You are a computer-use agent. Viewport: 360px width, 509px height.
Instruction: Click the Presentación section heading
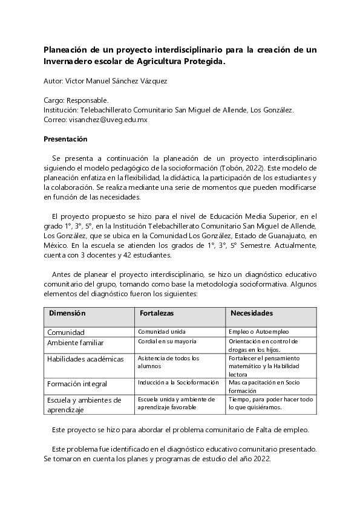(66, 139)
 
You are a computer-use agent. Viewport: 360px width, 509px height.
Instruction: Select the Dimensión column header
(67, 313)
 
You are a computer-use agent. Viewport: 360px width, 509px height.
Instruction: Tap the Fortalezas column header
(157, 313)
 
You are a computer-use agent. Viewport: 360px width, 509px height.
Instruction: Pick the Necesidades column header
(251, 313)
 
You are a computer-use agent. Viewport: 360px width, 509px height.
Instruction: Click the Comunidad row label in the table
(66, 332)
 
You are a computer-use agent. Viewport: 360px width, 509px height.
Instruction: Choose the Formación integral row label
(77, 383)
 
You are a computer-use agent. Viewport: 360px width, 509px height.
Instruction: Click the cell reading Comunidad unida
(162, 331)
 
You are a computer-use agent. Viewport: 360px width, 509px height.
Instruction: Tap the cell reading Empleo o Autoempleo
(259, 331)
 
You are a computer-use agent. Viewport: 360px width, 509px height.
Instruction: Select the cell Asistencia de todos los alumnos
(168, 361)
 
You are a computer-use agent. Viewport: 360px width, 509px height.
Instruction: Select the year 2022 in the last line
(261, 458)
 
